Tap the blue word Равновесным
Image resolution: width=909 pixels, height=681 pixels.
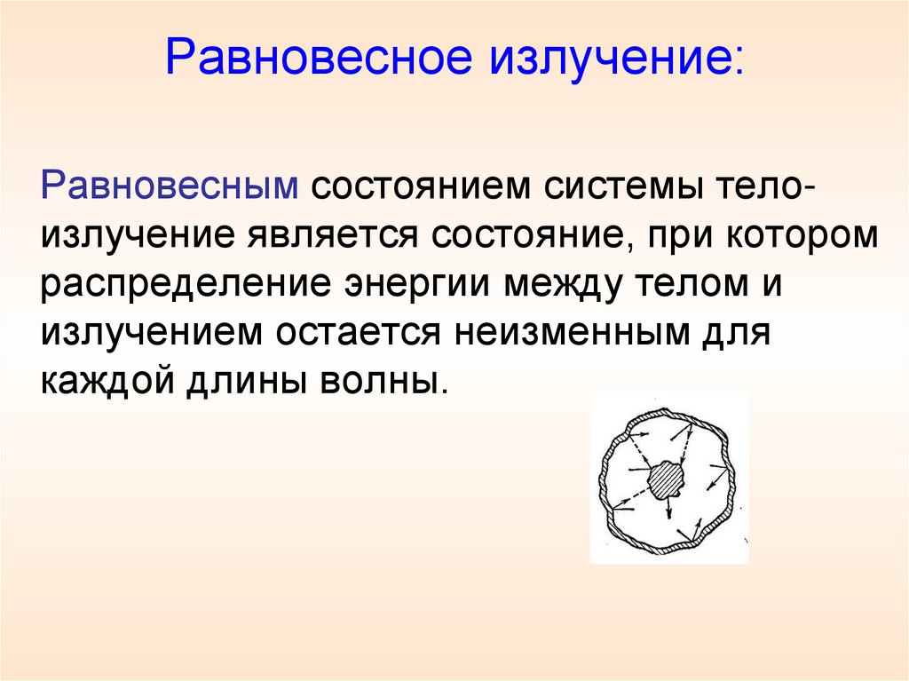click(x=168, y=187)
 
